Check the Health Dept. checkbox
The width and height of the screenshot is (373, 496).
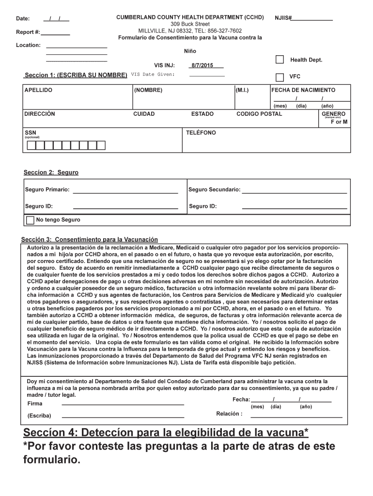(x=280, y=60)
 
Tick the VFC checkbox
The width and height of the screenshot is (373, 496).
(x=280, y=77)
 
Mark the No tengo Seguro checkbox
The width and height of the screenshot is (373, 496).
(x=30, y=220)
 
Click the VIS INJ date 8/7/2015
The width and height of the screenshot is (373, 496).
(x=202, y=65)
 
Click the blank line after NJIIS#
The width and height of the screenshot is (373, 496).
(x=312, y=19)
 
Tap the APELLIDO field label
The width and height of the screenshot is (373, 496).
(x=38, y=90)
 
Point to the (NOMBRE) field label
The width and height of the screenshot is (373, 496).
(x=148, y=90)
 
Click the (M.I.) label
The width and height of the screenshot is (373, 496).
(x=242, y=90)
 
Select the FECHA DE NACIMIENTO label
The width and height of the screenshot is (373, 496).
(x=303, y=90)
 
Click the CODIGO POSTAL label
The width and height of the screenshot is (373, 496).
(x=259, y=114)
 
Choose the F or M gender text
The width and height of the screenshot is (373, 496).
(x=339, y=122)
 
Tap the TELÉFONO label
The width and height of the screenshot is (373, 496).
(x=201, y=133)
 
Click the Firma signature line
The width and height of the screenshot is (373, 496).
(x=123, y=403)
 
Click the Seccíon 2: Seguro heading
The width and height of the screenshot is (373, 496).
(x=51, y=172)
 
